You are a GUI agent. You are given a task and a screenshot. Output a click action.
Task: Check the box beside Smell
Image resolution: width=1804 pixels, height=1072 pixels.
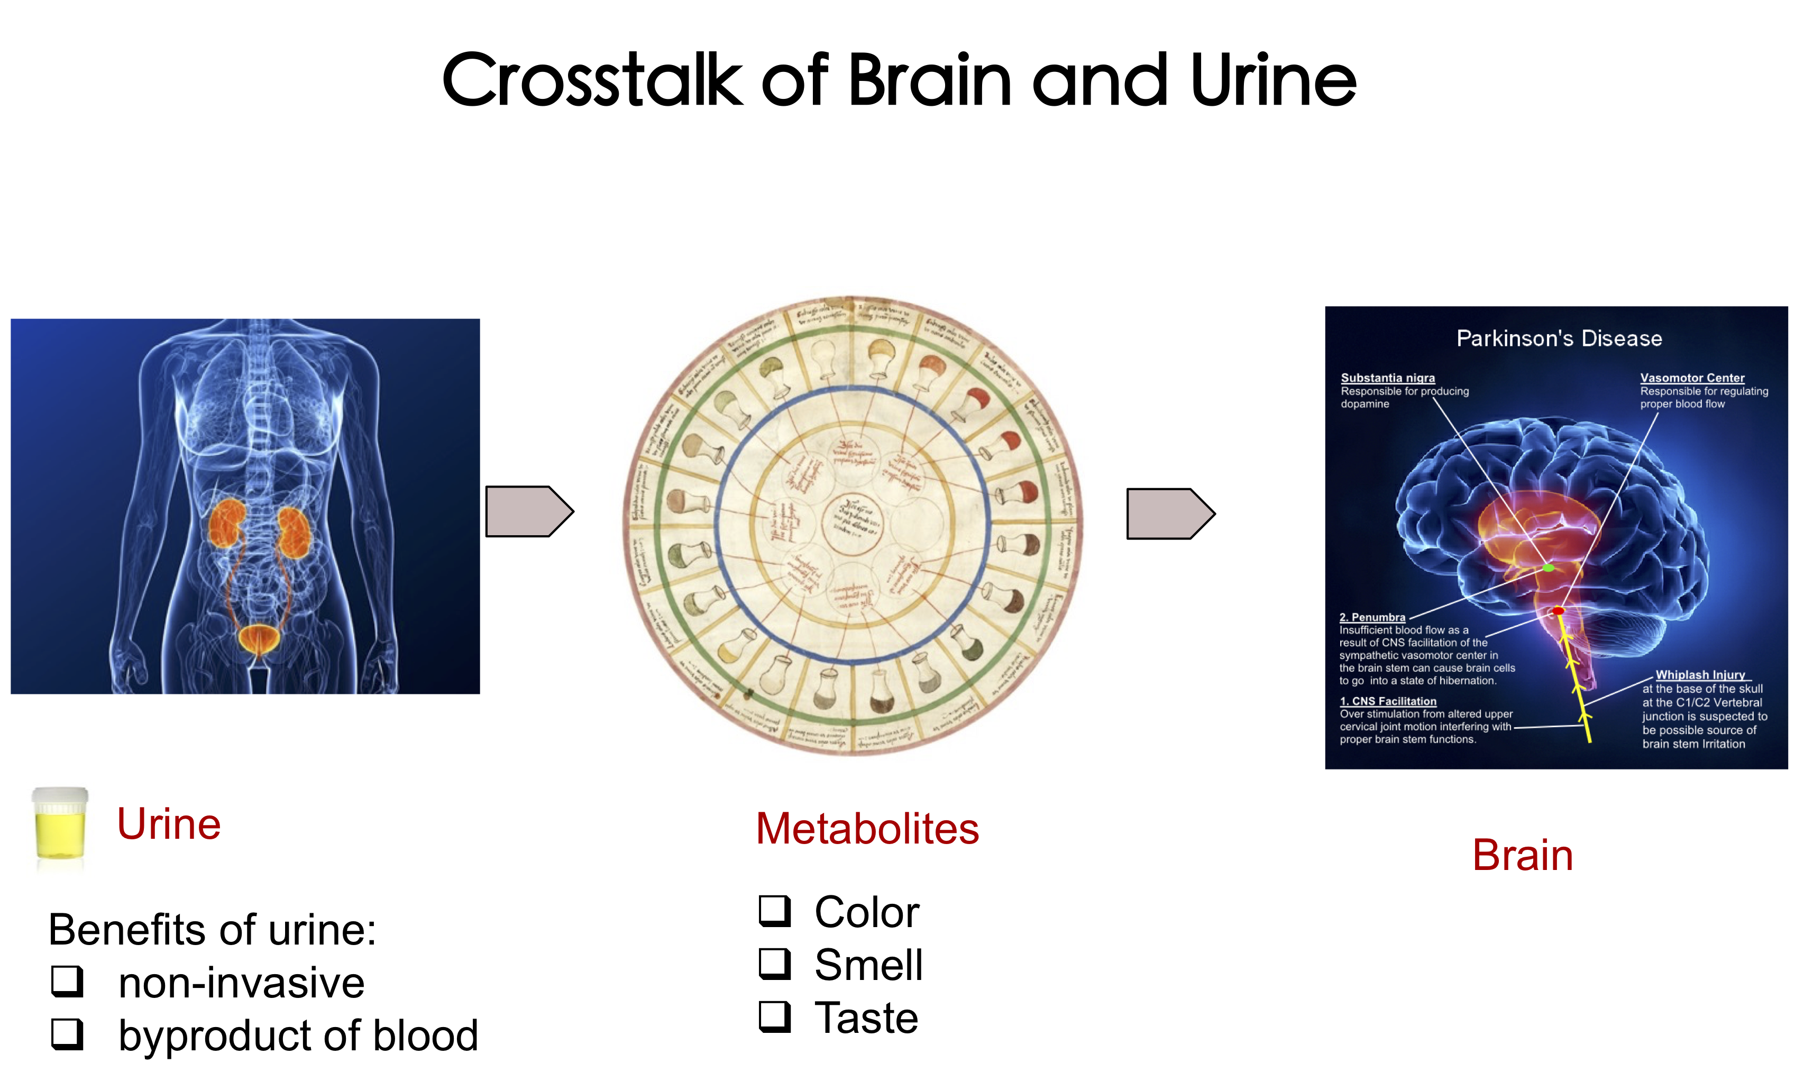tap(775, 964)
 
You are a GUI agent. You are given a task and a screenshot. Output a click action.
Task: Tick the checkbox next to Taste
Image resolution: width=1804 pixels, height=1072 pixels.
tap(775, 1016)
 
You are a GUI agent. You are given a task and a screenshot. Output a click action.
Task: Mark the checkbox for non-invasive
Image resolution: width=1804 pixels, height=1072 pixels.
tap(67, 982)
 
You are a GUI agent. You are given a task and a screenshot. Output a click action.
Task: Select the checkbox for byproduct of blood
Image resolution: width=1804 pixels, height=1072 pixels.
tap(67, 1034)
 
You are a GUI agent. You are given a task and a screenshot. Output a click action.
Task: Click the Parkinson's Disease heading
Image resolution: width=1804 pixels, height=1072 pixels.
tap(1559, 339)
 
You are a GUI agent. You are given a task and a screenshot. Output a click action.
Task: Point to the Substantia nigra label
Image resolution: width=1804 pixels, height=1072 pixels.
tap(1387, 378)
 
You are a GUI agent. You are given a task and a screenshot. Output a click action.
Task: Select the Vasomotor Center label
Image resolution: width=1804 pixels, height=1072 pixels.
tap(1691, 378)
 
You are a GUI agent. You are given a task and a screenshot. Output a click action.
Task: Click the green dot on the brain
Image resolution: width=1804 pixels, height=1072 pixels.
tap(1547, 569)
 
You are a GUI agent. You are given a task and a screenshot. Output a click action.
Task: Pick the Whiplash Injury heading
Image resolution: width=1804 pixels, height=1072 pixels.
tap(1699, 675)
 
